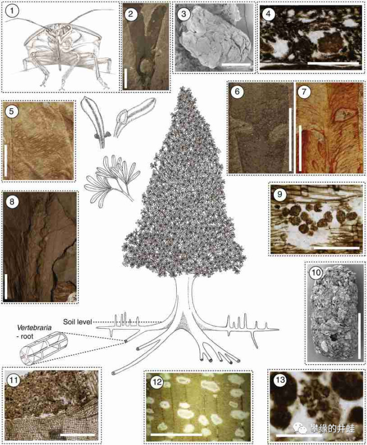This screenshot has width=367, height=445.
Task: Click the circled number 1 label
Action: [12, 12]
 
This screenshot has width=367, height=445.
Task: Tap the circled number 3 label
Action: [183, 14]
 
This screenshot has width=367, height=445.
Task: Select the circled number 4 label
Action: [268, 15]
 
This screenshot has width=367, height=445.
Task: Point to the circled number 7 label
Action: [304, 92]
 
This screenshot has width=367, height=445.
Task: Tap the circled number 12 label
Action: [157, 382]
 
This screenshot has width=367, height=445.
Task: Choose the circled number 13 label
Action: [280, 380]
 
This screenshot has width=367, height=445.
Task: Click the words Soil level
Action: [78, 322]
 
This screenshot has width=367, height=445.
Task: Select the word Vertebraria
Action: [34, 328]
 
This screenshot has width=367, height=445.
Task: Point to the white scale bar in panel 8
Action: [6, 286]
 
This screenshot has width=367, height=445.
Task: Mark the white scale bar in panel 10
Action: [359, 336]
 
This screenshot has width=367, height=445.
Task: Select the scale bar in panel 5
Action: [6, 161]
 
